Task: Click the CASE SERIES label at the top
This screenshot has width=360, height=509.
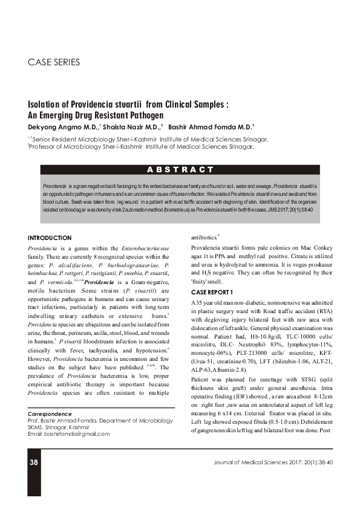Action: click(x=54, y=62)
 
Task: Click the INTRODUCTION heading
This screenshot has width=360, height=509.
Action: click(x=50, y=238)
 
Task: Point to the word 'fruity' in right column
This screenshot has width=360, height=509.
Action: click(x=200, y=282)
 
